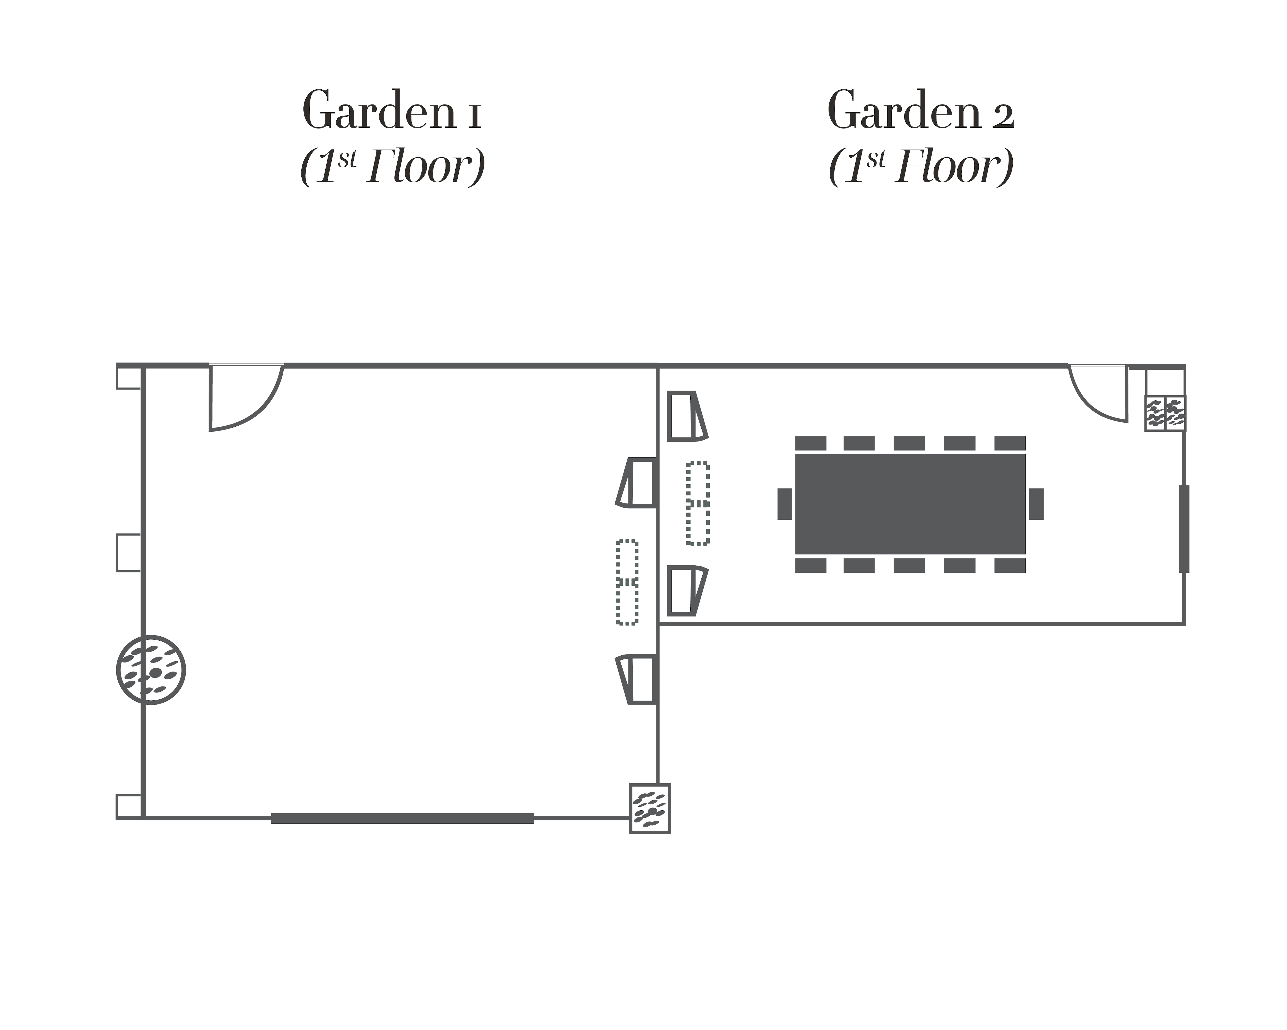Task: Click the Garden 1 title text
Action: coord(392,110)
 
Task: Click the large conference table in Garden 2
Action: coord(910,503)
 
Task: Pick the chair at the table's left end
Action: coord(784,503)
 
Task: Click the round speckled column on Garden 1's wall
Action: coord(151,669)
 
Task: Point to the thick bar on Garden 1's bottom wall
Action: coord(402,818)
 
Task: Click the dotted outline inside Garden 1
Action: coord(627,582)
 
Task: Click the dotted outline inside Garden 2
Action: coord(697,503)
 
